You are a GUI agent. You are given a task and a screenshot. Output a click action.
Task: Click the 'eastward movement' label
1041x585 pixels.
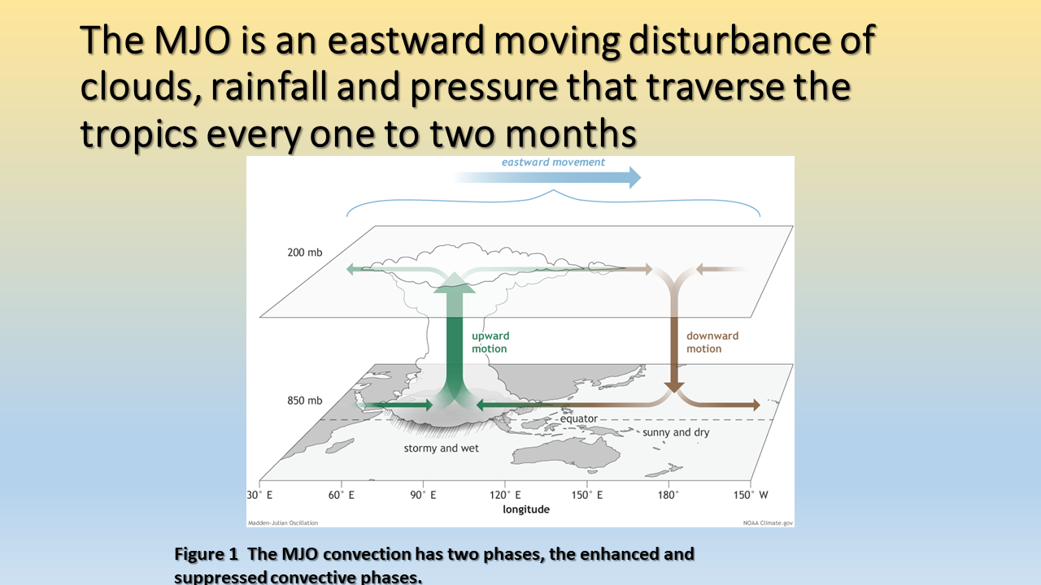click(x=553, y=162)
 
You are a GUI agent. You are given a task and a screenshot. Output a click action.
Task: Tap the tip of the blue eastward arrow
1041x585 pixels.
click(x=642, y=177)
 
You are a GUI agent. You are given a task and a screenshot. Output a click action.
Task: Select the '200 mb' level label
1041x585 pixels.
click(x=304, y=252)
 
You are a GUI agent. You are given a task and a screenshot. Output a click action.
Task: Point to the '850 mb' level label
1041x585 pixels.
click(x=304, y=401)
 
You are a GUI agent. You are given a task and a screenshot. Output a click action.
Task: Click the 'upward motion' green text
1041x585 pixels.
click(x=490, y=342)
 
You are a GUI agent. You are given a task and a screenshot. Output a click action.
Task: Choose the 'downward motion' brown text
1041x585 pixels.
click(x=712, y=342)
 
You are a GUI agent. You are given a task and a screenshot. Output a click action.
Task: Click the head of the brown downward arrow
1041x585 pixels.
click(x=674, y=388)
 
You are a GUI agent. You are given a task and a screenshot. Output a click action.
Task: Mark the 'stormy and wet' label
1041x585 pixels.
click(x=441, y=448)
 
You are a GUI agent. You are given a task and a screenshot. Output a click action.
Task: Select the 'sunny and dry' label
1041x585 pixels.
click(x=676, y=432)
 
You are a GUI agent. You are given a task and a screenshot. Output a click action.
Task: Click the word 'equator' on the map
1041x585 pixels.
click(x=578, y=418)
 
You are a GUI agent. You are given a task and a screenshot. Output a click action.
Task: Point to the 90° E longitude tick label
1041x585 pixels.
click(x=423, y=495)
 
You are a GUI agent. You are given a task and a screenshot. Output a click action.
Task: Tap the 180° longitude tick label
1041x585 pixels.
click(x=669, y=495)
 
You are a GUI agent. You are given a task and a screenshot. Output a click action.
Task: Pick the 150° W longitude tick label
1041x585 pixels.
click(x=751, y=495)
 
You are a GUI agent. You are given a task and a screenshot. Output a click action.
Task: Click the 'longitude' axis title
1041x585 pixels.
click(x=526, y=509)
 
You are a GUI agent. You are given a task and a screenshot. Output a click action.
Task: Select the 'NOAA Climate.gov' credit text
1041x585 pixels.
click(x=768, y=522)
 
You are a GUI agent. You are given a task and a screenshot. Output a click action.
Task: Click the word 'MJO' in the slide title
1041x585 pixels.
click(x=193, y=40)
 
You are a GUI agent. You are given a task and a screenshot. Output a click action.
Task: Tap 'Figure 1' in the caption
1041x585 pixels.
click(x=206, y=554)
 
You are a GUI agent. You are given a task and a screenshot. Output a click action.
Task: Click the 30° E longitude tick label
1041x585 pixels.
click(x=259, y=495)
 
